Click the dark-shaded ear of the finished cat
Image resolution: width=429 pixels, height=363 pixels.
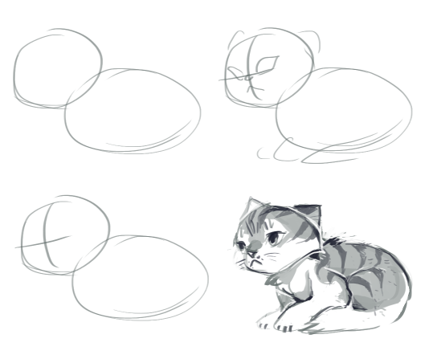[310, 214]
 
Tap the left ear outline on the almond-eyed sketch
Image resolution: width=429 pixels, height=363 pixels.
[234, 39]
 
